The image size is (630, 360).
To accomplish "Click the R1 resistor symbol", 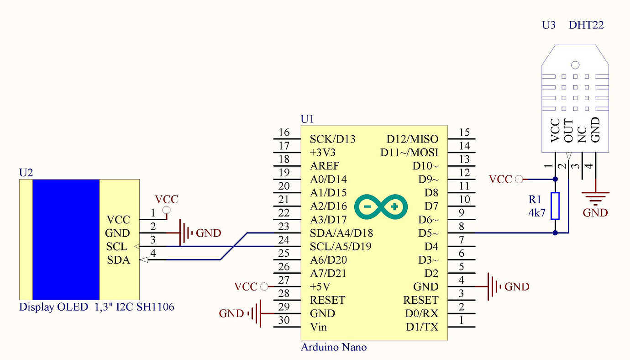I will point(555,206).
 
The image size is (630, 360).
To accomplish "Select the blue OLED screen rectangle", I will point(66,239).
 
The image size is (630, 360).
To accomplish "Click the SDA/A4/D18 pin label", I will point(341,233).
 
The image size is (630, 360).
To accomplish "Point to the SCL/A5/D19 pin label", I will point(341,247).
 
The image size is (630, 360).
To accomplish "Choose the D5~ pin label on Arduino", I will point(428,233).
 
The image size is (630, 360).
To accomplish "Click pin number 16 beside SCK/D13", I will point(284,132).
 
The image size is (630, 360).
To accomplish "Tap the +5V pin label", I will point(321,287).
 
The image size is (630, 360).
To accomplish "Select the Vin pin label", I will point(318,327).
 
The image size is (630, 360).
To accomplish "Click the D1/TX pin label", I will point(422,327).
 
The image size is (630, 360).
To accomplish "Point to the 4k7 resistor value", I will point(537,212).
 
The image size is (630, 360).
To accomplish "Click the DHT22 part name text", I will point(586,25).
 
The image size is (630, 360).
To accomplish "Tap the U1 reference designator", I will point(307,119).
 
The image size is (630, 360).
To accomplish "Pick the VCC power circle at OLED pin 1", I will point(167,210).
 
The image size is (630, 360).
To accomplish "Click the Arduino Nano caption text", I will point(333,347).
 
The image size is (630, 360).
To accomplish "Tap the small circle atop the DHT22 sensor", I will point(575,65).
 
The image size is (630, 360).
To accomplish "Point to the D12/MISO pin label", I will point(412,139).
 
